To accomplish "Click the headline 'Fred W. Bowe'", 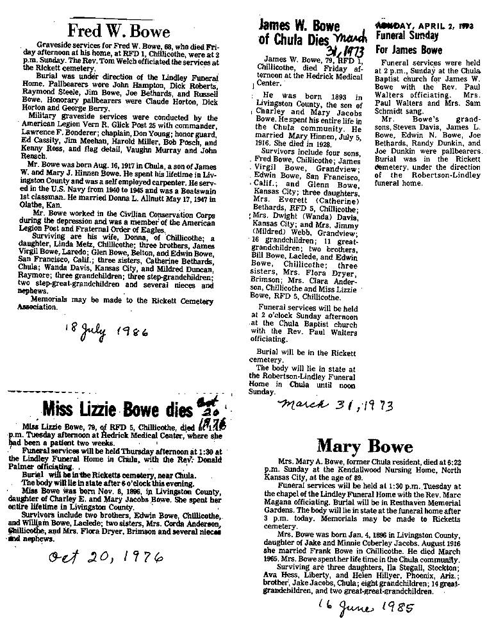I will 119,31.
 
